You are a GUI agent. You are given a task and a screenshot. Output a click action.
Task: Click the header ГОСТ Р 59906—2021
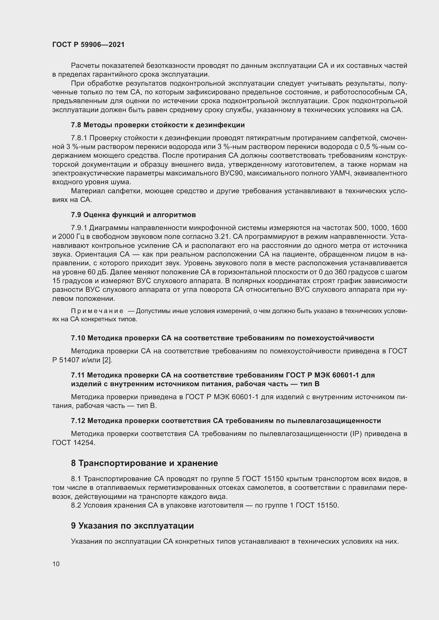coord(88,45)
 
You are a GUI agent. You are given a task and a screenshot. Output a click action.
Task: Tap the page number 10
coord(56,564)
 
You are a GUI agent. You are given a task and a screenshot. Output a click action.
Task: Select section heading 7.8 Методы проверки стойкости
coord(158,125)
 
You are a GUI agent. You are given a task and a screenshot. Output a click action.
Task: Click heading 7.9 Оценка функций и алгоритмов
coord(133,215)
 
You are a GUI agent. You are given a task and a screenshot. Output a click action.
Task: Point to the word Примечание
coord(97,311)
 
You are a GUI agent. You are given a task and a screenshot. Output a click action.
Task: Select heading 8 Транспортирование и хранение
coord(144,463)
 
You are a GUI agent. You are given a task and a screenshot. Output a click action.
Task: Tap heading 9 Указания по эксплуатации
coord(132,526)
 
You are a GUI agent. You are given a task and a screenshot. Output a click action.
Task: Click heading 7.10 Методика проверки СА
coord(222,338)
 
